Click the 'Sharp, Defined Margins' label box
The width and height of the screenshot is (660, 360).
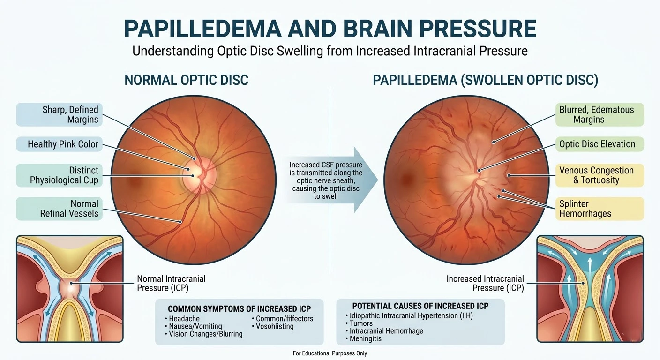[x=59, y=114]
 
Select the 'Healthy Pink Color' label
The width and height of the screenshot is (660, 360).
[x=59, y=144]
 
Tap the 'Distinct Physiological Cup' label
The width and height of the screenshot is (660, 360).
[x=59, y=175]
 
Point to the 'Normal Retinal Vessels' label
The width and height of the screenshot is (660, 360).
[x=59, y=209]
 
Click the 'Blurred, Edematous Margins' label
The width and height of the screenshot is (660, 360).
[x=599, y=114]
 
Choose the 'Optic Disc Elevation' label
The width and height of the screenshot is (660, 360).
[x=599, y=144]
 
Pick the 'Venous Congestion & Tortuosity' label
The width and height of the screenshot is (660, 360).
[x=599, y=175]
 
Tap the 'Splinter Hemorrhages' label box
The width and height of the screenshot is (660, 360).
[x=599, y=209]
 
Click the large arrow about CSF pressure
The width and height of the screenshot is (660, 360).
[x=328, y=180]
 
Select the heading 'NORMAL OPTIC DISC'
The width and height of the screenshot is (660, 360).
[x=186, y=80]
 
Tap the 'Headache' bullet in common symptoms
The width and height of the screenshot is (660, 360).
[x=184, y=319]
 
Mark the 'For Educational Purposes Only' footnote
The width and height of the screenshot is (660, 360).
[x=330, y=353]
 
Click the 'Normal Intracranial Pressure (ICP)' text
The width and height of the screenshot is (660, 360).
[x=171, y=283]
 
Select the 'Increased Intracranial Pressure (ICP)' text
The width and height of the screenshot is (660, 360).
[x=485, y=283]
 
